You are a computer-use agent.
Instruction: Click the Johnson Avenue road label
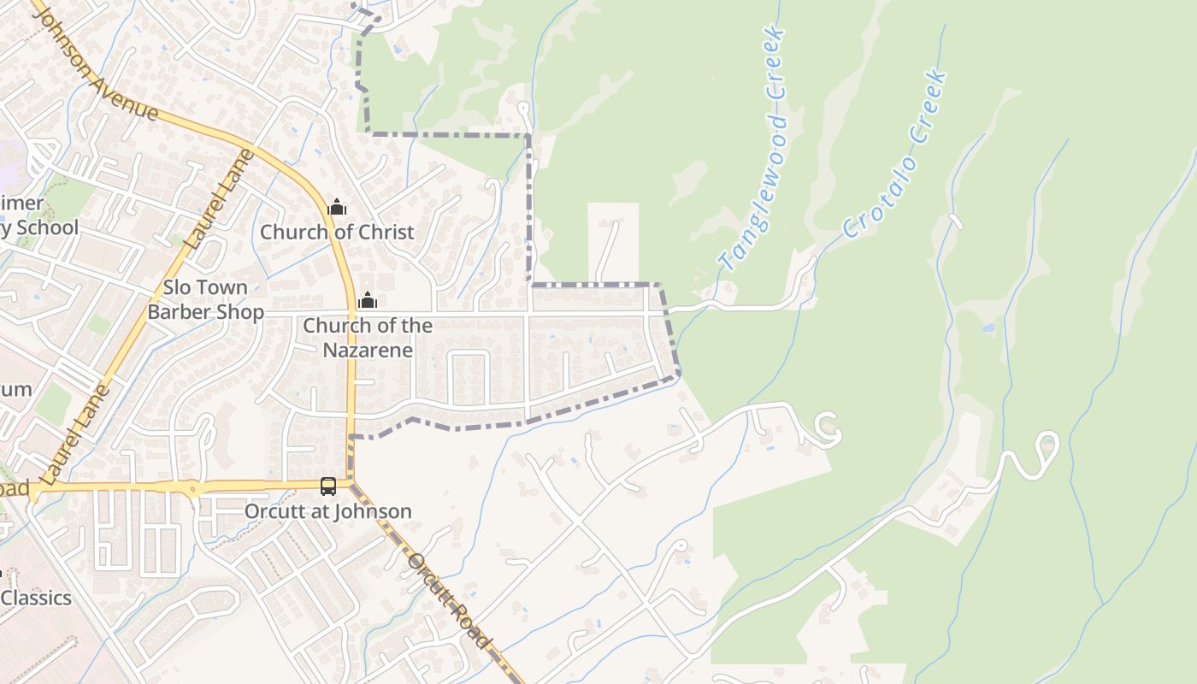tap(96, 61)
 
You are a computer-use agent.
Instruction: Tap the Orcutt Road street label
tap(450, 601)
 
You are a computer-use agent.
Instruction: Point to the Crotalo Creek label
tap(896, 153)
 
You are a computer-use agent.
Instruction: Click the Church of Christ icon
tap(337, 207)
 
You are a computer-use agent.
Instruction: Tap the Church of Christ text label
tap(337, 232)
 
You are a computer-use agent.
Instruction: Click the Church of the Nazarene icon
tap(368, 301)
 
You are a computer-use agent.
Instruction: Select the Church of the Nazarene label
tap(368, 338)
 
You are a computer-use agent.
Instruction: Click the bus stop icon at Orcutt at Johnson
tap(328, 486)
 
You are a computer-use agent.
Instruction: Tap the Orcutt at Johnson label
tap(328, 511)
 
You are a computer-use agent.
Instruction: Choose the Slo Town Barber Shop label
tap(205, 299)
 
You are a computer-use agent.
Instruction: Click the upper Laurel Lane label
tap(219, 199)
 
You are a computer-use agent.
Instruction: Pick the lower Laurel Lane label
tap(75, 434)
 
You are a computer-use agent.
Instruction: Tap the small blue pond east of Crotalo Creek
tap(989, 327)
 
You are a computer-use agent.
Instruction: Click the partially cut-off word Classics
tap(36, 598)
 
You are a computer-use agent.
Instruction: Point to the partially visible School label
tap(46, 227)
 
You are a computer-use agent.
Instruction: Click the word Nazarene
tap(368, 350)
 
